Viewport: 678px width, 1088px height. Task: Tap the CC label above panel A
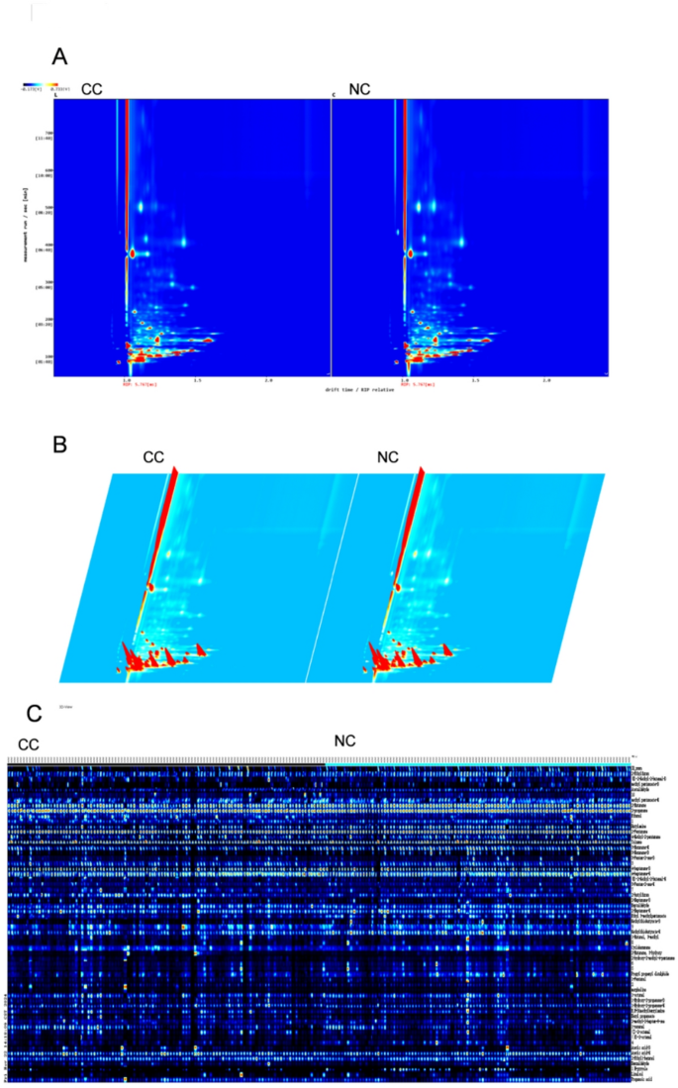pyautogui.click(x=92, y=89)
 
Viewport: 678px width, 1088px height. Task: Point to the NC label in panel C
pyautogui.click(x=344, y=741)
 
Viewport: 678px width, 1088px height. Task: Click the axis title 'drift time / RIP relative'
pyautogui.click(x=361, y=389)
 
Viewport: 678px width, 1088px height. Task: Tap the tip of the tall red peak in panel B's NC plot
pyautogui.click(x=423, y=466)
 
